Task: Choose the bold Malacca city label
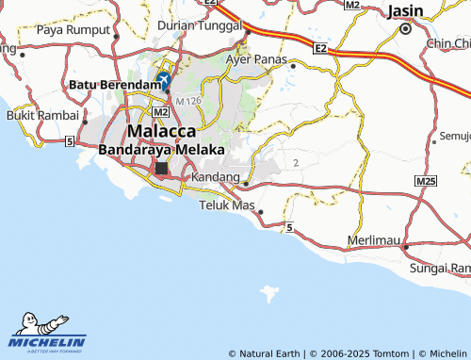pos(162,131)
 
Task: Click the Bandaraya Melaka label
pos(162,150)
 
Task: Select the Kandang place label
pos(215,176)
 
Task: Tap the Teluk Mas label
pos(226,204)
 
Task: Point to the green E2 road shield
pos(320,46)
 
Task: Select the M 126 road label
pos(188,100)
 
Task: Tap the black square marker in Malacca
pos(161,169)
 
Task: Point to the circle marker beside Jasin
pos(406,28)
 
